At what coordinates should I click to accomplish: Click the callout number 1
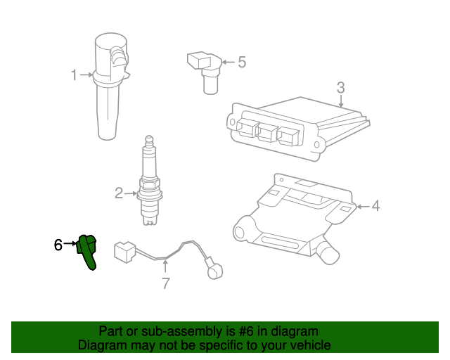tap(74, 75)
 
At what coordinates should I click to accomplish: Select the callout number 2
tap(119, 193)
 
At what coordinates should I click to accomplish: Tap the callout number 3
tap(340, 88)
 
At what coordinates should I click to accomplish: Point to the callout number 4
tap(375, 206)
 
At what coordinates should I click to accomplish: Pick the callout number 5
tap(242, 62)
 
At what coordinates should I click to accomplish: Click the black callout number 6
tap(58, 245)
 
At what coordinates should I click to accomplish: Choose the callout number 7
tap(166, 283)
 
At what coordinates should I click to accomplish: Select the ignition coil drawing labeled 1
tap(110, 86)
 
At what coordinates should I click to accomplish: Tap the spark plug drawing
tap(150, 180)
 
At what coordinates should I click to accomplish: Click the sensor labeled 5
tap(205, 72)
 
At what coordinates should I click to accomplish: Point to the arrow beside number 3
tap(340, 102)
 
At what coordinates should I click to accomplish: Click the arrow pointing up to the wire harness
tap(165, 266)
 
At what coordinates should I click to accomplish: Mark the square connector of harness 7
tap(124, 252)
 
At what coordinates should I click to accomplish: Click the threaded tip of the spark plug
tap(150, 221)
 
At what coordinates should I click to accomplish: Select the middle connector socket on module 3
tap(267, 131)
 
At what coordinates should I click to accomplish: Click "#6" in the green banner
tap(246, 331)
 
